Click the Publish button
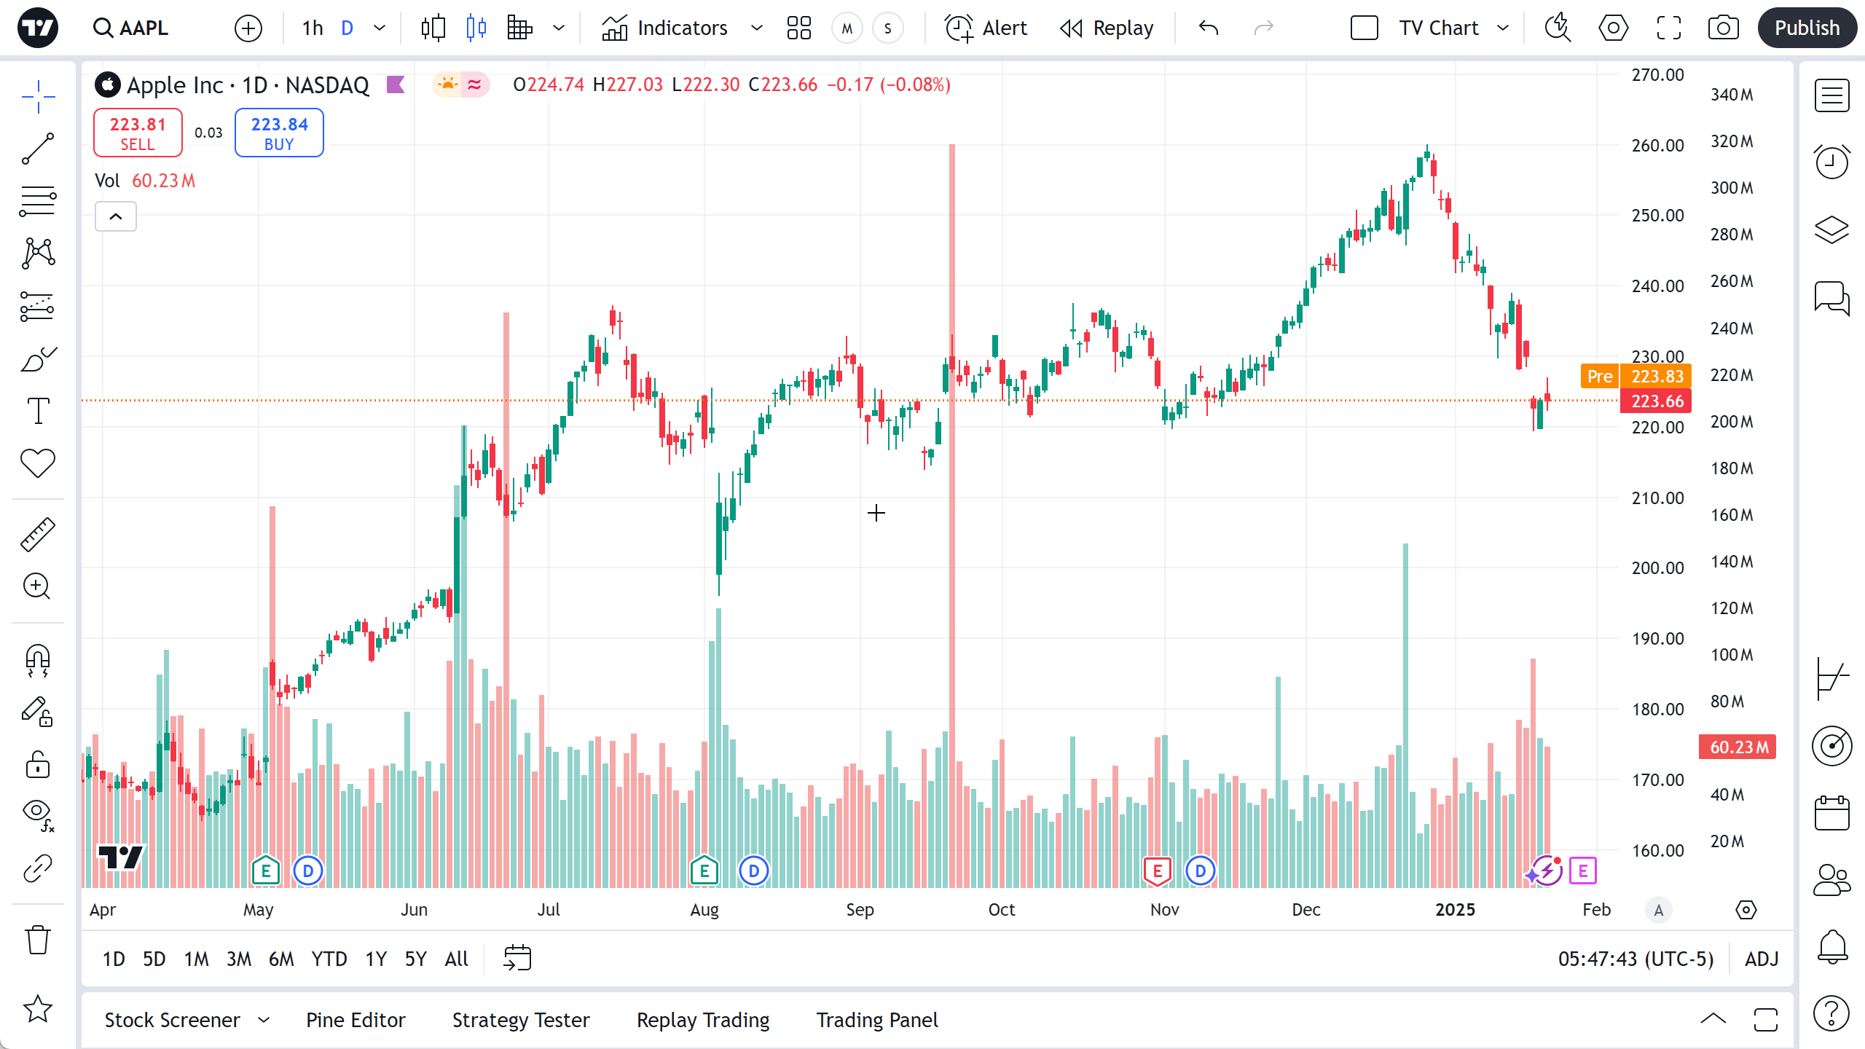1807,28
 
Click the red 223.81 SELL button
138,133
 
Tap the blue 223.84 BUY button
279,133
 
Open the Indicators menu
665,28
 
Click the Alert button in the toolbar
986,28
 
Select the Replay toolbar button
1107,28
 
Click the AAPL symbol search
131,28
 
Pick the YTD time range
329,959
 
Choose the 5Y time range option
415,959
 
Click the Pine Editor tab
356,1020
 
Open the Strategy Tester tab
521,1020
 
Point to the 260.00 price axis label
1657,145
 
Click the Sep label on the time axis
860,910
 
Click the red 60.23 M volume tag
1738,747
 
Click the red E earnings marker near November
1157,871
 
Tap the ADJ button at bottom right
1762,959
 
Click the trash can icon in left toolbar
38,940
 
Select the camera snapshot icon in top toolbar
1723,28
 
